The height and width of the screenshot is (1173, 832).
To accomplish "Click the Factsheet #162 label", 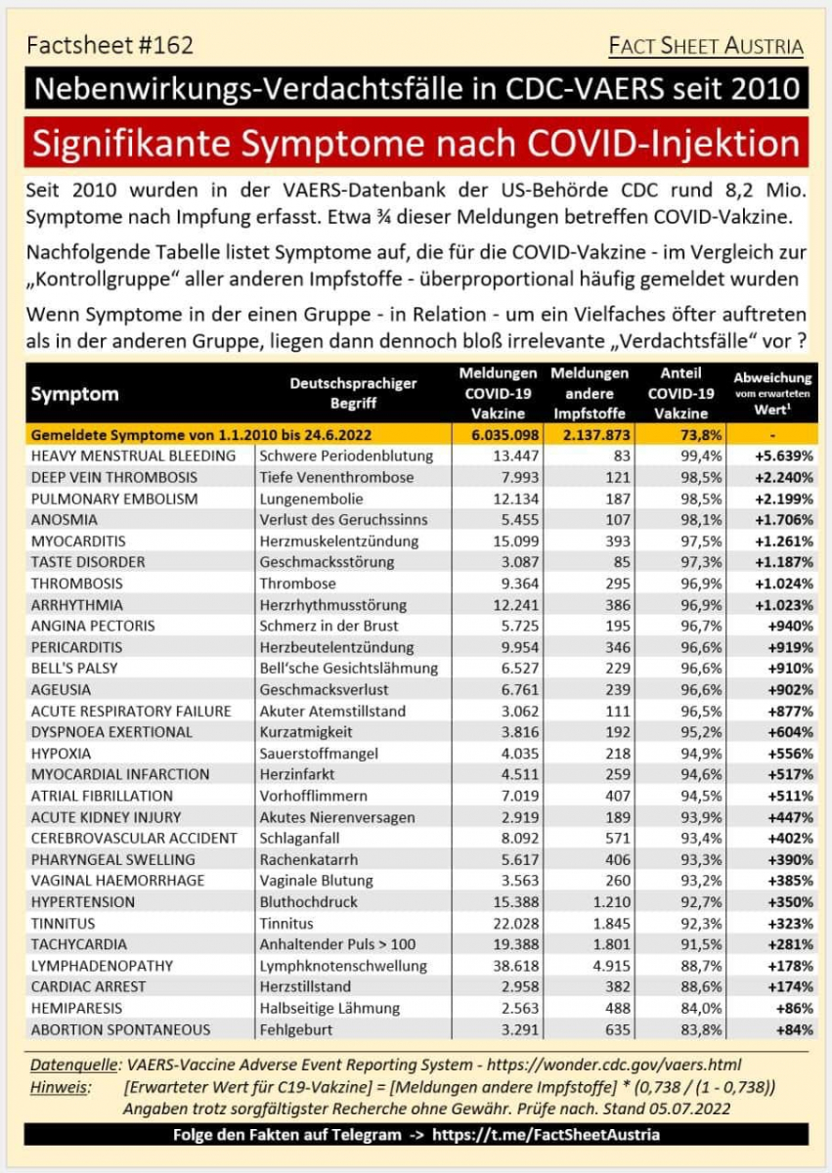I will [109, 45].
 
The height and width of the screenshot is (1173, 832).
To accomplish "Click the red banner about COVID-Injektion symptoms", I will [416, 144].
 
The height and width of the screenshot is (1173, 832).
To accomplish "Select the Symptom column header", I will [75, 395].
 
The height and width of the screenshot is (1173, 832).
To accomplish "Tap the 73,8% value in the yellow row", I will [675, 435].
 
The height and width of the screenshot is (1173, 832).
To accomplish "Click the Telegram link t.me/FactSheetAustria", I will [545, 1134].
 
